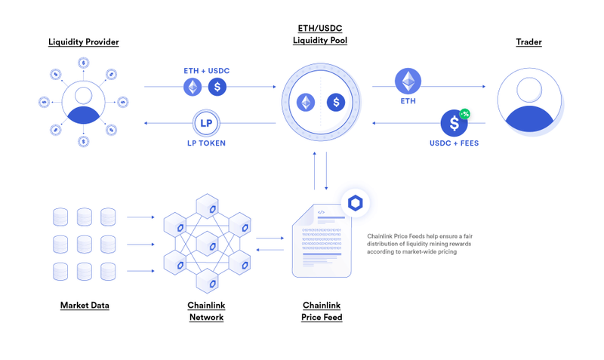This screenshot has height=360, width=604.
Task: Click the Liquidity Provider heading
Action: tap(84, 42)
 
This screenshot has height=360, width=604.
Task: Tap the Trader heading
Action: tap(528, 42)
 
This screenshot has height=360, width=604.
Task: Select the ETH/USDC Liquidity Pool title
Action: tap(320, 34)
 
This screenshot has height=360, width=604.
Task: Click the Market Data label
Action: tap(85, 306)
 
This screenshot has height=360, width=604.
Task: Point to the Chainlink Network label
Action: tap(206, 311)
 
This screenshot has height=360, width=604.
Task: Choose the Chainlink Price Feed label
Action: tap(322, 311)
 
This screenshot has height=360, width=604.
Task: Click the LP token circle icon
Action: tap(205, 123)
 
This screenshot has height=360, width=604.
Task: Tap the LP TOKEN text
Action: tap(206, 143)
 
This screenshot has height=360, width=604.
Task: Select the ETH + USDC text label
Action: tap(206, 70)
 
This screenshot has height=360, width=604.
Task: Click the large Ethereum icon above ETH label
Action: tap(408, 81)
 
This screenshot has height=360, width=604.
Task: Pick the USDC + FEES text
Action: tap(454, 143)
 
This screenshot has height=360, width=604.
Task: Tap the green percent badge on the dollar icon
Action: tap(465, 113)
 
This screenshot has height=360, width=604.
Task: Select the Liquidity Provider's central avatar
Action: tap(83, 102)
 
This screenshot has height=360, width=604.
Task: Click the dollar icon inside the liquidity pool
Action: tap(334, 102)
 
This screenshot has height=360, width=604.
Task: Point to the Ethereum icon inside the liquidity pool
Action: tap(306, 102)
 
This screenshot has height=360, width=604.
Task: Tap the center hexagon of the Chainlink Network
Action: tap(207, 245)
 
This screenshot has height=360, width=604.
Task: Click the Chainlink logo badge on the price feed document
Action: tap(355, 203)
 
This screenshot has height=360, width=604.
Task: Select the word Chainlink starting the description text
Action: tap(381, 235)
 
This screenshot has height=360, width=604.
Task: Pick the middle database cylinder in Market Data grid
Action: tap(84, 245)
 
